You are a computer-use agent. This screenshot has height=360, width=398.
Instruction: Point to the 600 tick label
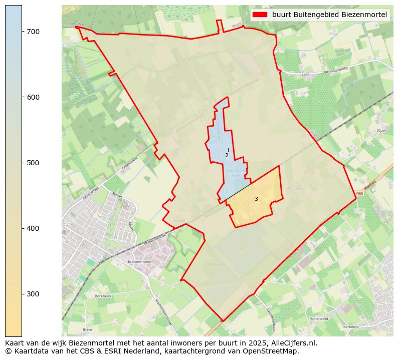pos(33,97)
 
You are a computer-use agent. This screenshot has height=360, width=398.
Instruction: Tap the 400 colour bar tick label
pos(33,228)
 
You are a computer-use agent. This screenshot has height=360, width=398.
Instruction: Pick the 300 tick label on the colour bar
pos(33,294)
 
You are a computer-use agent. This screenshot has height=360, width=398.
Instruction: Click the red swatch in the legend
pos(261,15)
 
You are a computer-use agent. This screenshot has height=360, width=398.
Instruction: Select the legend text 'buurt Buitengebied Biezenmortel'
pos(329,15)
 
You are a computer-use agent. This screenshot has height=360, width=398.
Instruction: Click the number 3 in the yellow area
pos(256,199)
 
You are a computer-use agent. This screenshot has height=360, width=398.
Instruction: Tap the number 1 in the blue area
pos(228,150)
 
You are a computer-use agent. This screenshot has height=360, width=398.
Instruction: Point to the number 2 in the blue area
pos(227,156)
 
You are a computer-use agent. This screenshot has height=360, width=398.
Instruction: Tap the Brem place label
pos(87,329)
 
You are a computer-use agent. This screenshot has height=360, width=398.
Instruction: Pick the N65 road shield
pos(359,194)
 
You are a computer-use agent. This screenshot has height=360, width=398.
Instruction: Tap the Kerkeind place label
pos(351,326)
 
